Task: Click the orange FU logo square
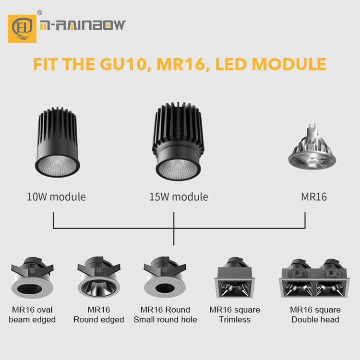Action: pos(22,28)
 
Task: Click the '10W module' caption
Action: pos(56,197)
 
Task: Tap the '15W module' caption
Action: pos(178,197)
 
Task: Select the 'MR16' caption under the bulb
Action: pos(314,197)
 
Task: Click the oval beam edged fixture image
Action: pos(32,277)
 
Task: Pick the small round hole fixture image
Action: pos(165,277)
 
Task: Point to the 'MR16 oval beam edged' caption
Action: pos(32,314)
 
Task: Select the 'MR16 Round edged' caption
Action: pos(98,314)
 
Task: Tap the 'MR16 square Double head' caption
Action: pos(315,314)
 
